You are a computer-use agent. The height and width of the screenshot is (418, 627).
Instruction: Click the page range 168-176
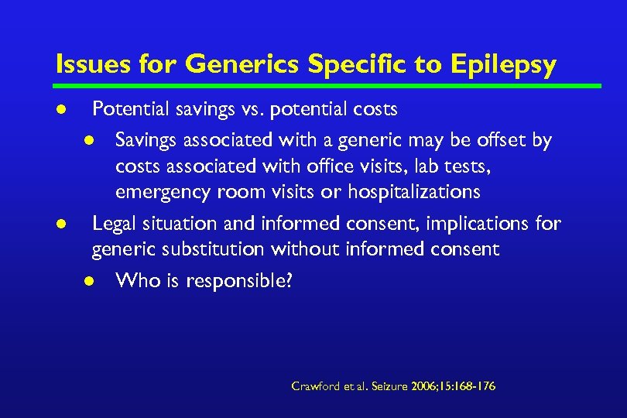click(x=475, y=385)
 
